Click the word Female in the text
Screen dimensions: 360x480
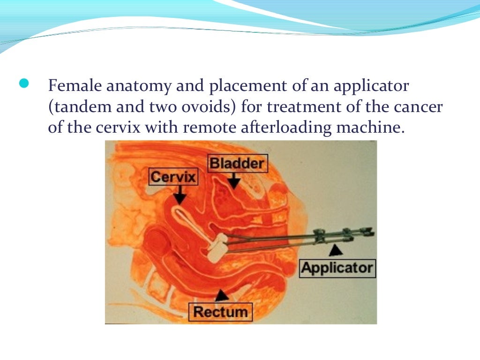(x=75, y=86)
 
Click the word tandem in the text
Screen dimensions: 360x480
(x=77, y=107)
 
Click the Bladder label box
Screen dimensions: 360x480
(x=237, y=163)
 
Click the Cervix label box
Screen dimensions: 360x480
(x=172, y=177)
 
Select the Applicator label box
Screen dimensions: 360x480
(x=337, y=268)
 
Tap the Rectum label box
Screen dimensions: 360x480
(x=220, y=312)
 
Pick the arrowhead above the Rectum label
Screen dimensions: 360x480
(x=221, y=294)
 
